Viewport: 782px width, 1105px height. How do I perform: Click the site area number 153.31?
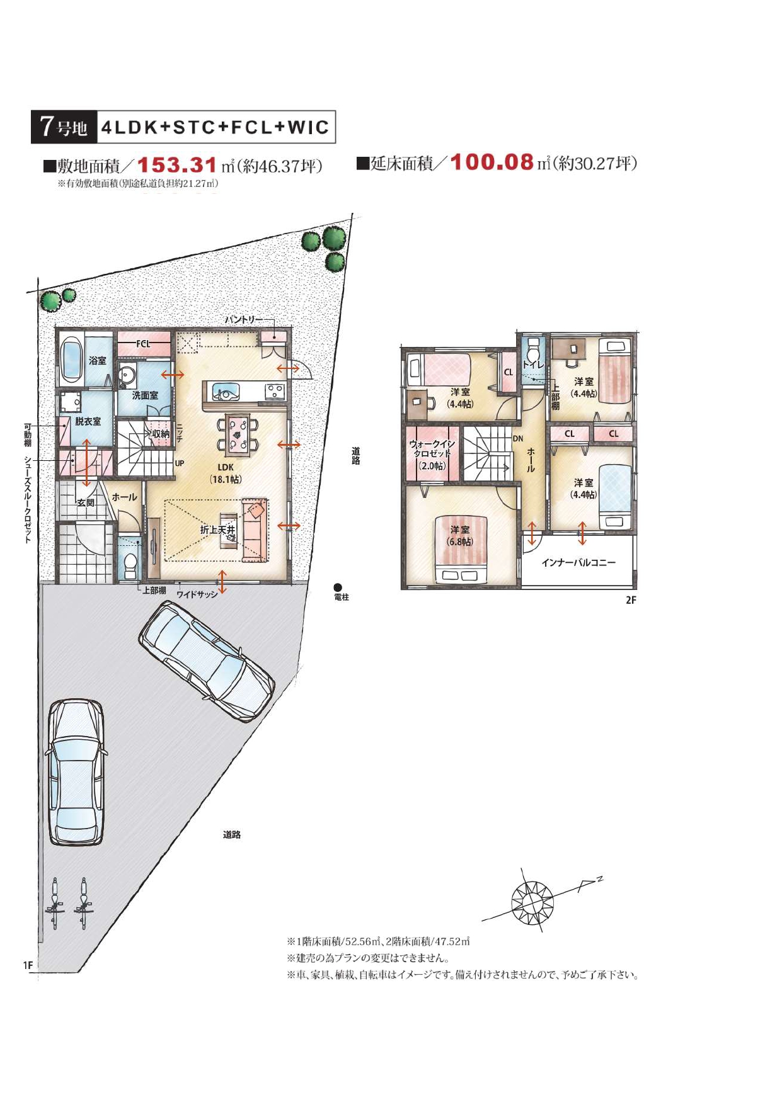coord(177,166)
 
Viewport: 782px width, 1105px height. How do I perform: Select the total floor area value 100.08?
coord(492,162)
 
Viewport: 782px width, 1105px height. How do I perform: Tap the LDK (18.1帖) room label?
coord(226,473)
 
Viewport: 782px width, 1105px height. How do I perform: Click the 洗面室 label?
coord(145,395)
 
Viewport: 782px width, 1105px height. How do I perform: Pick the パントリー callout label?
coord(244,320)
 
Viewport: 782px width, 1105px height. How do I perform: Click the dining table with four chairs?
coord(238,434)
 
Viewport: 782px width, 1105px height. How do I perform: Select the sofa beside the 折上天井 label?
coord(255,530)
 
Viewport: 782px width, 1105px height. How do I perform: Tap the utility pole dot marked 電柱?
coord(338,587)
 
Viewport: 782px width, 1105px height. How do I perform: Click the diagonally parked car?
coord(206,660)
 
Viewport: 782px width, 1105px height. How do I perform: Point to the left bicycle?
coord(55,904)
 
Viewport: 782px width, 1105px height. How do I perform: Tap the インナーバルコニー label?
coord(578,562)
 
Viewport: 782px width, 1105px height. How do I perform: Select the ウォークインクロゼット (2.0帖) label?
coord(432,455)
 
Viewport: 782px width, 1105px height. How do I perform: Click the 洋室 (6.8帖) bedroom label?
coord(460,535)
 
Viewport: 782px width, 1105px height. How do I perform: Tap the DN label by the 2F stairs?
coord(518,438)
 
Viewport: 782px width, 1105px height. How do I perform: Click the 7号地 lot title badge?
coord(64,127)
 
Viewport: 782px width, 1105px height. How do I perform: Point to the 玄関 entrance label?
coord(86,502)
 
